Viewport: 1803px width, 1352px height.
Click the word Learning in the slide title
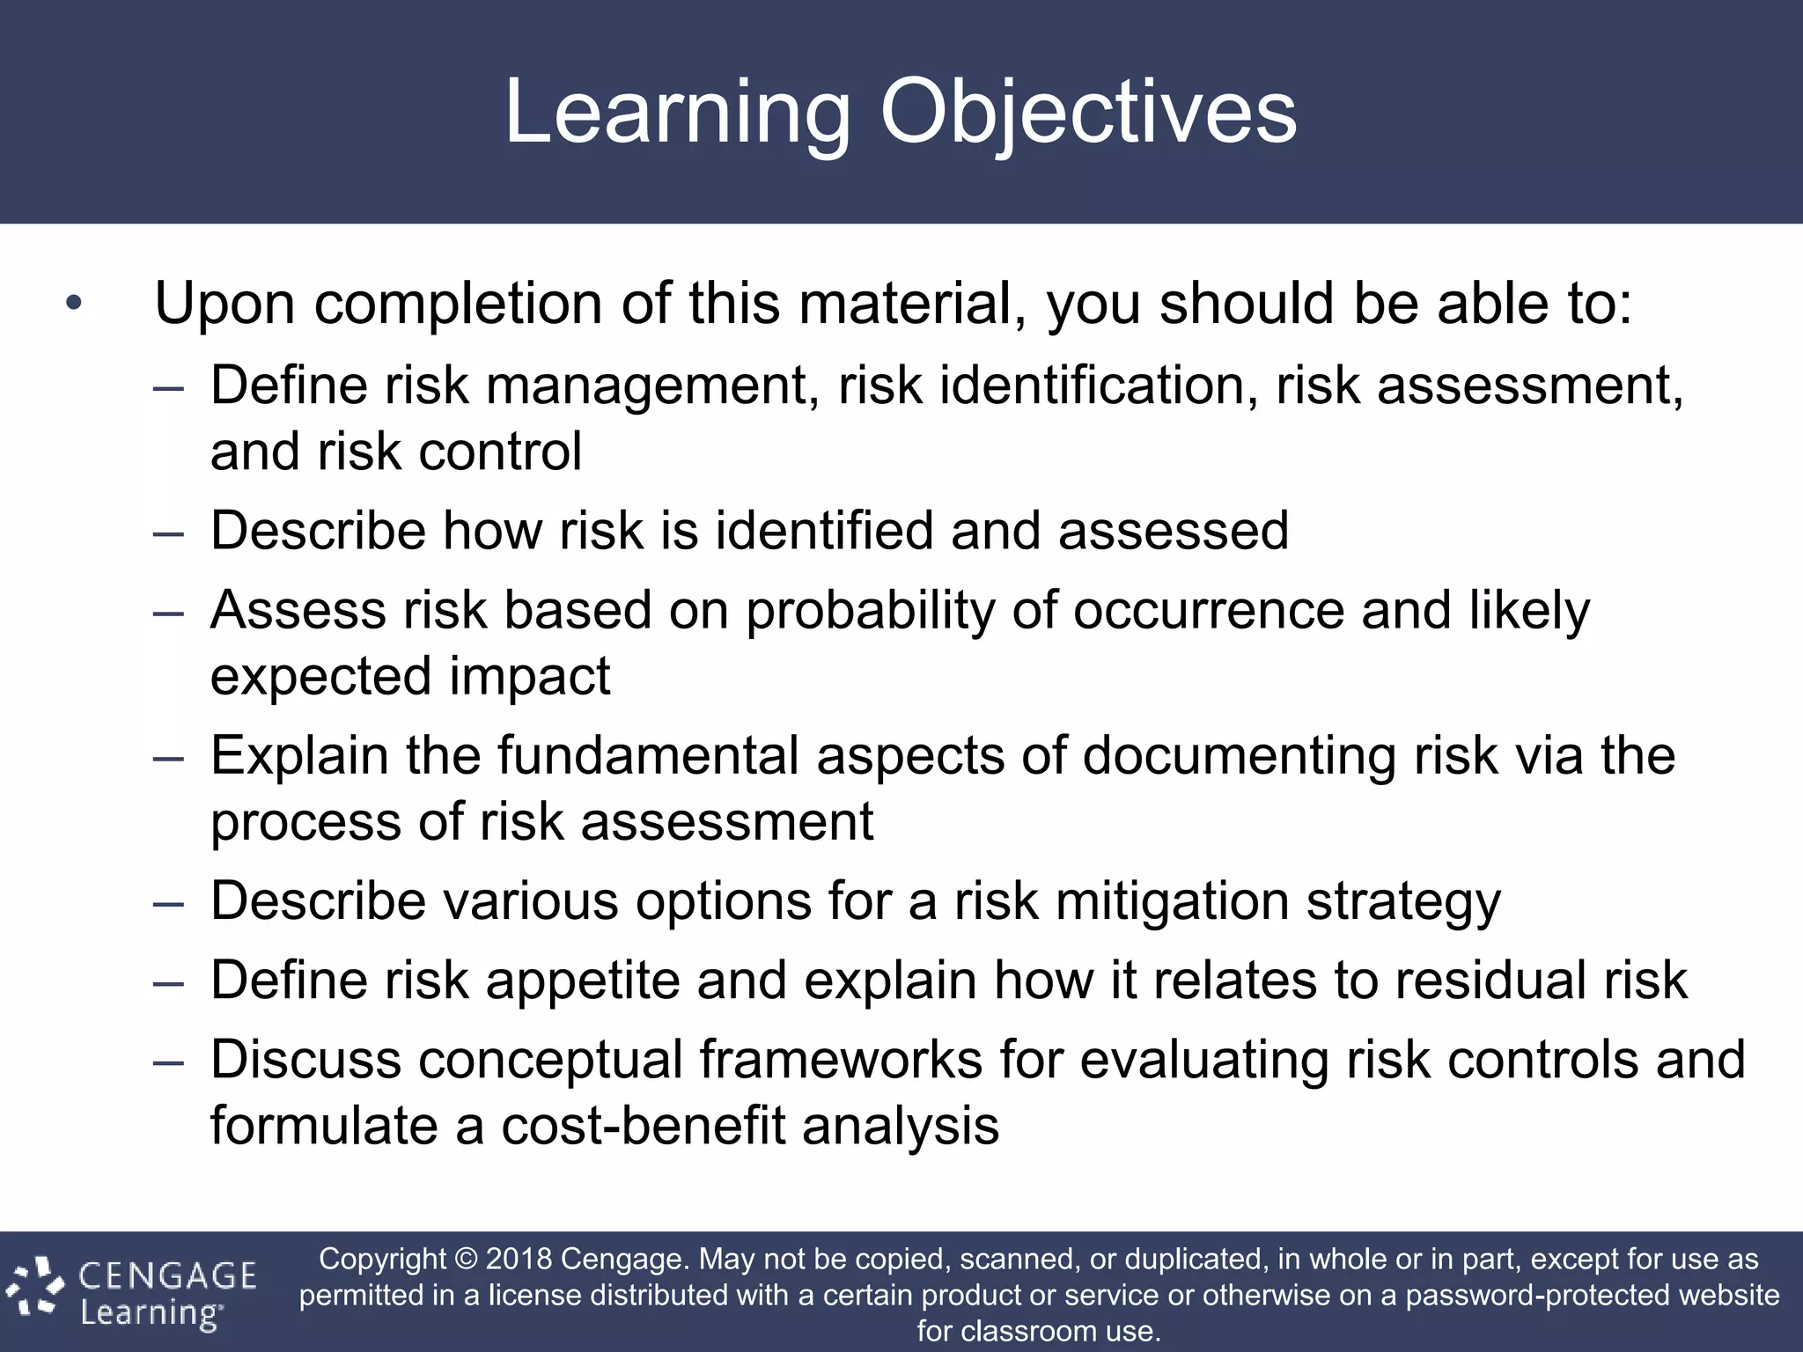[x=678, y=113]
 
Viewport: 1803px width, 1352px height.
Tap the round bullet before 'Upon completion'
[x=74, y=304]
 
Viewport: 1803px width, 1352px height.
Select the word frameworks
[x=841, y=1060]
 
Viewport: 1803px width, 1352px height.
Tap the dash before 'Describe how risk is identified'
[x=168, y=533]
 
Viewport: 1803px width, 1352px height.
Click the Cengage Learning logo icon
[x=35, y=1290]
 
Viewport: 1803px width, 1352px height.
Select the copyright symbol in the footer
[x=466, y=1259]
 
